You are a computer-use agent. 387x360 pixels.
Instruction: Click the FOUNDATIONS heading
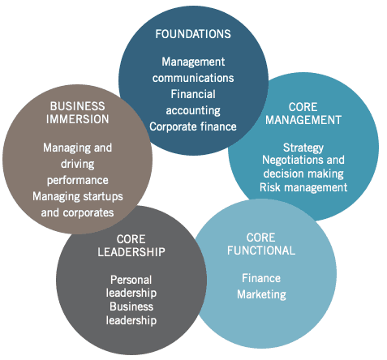pyautogui.click(x=193, y=34)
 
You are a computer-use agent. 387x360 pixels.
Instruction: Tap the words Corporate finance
pyautogui.click(x=193, y=126)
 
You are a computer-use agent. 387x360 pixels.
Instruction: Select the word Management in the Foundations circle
pyautogui.click(x=193, y=62)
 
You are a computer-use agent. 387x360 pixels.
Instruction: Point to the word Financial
pyautogui.click(x=193, y=94)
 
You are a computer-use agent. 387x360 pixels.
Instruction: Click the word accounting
pyautogui.click(x=193, y=111)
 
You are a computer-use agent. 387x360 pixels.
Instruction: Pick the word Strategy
pyautogui.click(x=303, y=148)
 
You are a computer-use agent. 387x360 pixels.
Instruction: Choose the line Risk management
pyautogui.click(x=303, y=187)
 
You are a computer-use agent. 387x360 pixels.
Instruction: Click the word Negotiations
pyautogui.click(x=293, y=160)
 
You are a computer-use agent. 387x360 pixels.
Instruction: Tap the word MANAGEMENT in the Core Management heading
pyautogui.click(x=303, y=120)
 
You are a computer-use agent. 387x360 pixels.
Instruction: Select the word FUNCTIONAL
pyautogui.click(x=261, y=251)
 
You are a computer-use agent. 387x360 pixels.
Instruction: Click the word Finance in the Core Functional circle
pyautogui.click(x=261, y=278)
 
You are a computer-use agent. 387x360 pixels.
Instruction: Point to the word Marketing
pyautogui.click(x=261, y=294)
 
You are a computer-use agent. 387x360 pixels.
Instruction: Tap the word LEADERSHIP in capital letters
pyautogui.click(x=131, y=252)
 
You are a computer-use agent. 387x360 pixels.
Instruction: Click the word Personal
pyautogui.click(x=131, y=280)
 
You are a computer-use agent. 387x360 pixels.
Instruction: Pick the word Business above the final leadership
pyautogui.click(x=131, y=306)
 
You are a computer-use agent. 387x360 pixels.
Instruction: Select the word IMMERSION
pyautogui.click(x=78, y=119)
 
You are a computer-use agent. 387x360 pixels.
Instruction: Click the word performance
pyautogui.click(x=78, y=181)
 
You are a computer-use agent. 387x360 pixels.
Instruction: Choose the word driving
pyautogui.click(x=78, y=165)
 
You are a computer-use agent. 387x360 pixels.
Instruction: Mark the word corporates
pyautogui.click(x=88, y=213)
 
